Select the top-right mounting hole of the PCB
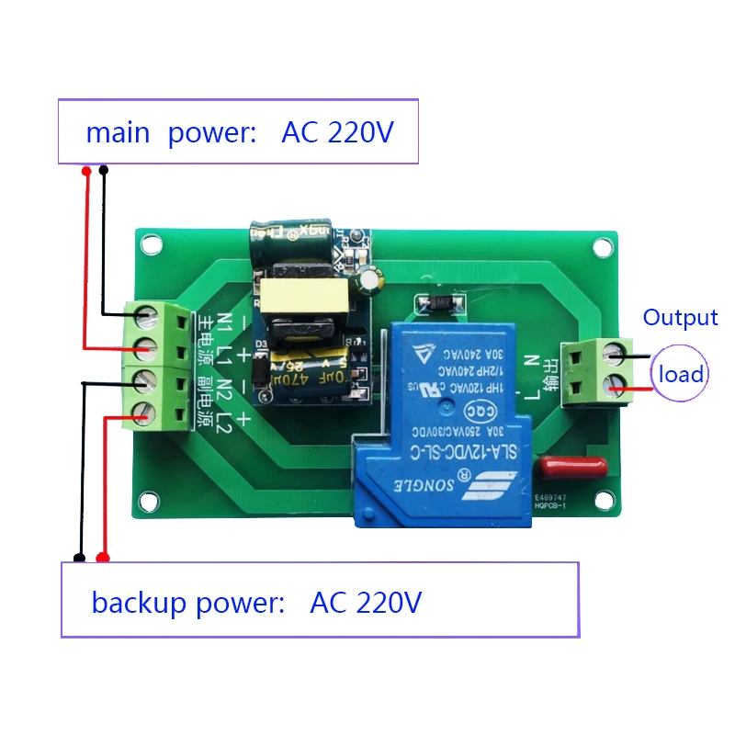point(602,247)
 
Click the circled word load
point(681,374)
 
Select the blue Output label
point(680,318)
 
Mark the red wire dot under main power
point(85,171)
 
